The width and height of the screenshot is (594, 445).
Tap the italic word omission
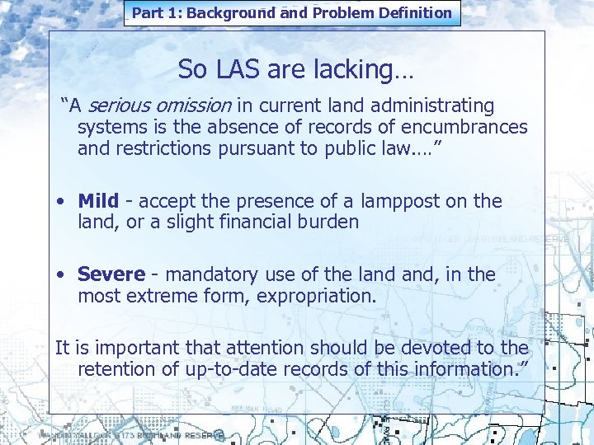191,105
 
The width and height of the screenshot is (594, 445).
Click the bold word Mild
98,200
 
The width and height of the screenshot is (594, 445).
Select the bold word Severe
111,274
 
